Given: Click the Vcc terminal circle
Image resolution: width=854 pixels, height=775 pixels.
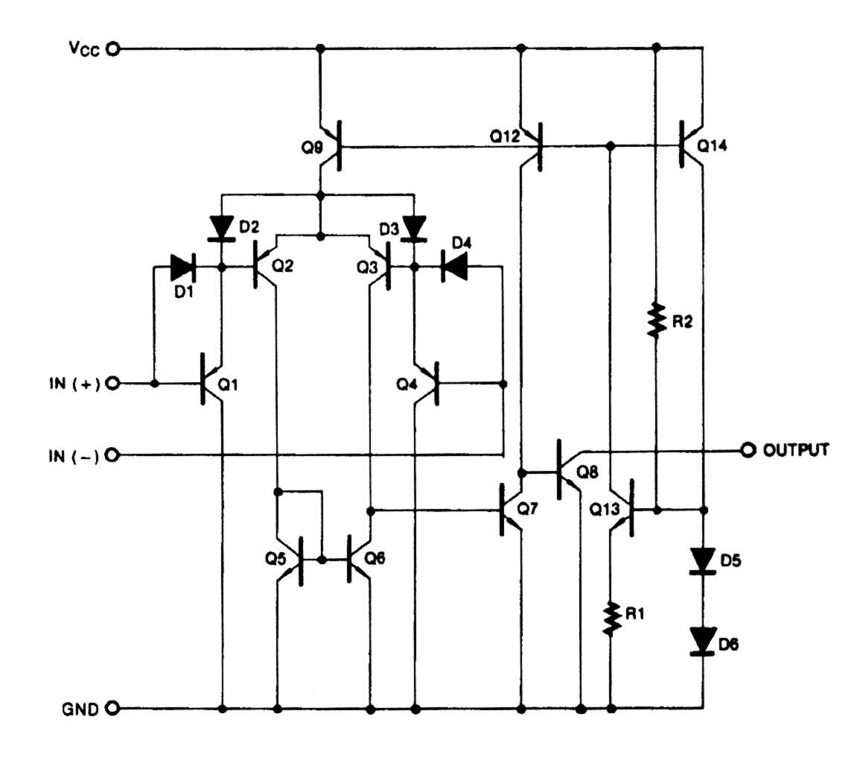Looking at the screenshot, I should [x=113, y=50].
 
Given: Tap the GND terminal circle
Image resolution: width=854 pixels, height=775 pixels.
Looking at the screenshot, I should [x=113, y=708].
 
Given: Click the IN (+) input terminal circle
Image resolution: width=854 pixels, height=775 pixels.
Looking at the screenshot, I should [x=113, y=384].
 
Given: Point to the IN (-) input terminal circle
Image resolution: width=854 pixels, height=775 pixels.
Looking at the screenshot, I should [x=113, y=454].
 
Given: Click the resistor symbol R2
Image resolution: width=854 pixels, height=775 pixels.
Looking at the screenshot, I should [x=655, y=320].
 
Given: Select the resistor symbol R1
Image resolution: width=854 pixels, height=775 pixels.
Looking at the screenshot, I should [x=611, y=619].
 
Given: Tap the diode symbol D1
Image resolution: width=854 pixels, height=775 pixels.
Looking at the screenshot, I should [x=182, y=265].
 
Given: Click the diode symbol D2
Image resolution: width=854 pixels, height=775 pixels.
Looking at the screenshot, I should [x=222, y=227].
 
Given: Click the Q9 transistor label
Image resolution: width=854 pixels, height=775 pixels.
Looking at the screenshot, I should [x=313, y=148].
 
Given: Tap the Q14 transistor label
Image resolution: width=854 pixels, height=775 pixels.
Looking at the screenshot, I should [x=713, y=147].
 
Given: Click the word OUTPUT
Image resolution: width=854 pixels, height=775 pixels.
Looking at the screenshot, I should [x=796, y=450].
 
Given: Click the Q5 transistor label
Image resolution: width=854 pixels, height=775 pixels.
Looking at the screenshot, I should [x=277, y=560].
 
